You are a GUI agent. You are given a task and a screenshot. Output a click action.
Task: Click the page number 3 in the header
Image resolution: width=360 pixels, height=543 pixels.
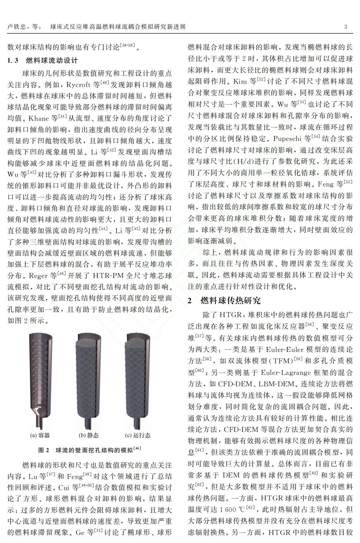[345, 27]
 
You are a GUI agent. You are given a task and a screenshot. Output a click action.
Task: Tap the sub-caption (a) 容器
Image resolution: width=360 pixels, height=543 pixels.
[40, 435]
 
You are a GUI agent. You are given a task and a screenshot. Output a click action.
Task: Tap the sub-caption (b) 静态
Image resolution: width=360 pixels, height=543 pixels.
[89, 435]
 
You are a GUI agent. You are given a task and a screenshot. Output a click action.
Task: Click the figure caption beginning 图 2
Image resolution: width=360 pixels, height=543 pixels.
[90, 450]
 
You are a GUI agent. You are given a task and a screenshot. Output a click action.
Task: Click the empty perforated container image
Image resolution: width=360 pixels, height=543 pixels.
[40, 380]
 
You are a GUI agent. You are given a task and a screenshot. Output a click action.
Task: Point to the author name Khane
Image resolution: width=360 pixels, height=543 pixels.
[38, 118]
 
